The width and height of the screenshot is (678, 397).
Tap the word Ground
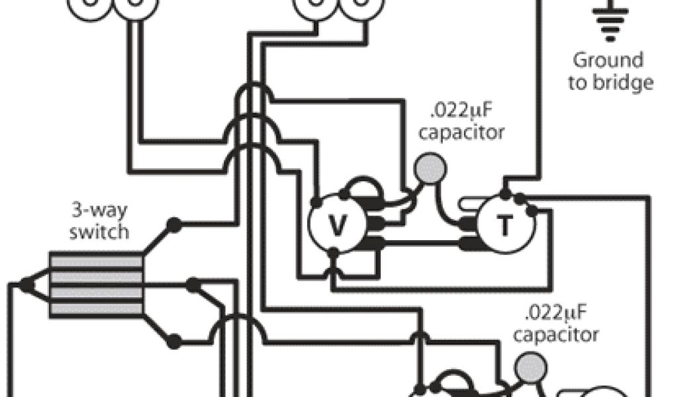(608, 61)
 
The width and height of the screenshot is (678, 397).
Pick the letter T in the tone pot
(505, 227)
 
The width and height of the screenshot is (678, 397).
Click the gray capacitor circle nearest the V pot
(429, 168)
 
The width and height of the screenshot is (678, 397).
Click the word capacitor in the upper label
(462, 132)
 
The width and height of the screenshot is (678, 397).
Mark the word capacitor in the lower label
(556, 334)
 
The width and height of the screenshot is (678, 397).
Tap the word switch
(100, 232)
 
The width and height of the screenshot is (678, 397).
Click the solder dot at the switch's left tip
(26, 285)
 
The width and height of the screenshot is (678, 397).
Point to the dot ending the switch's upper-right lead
(173, 224)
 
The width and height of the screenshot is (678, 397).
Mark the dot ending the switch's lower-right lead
(173, 342)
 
